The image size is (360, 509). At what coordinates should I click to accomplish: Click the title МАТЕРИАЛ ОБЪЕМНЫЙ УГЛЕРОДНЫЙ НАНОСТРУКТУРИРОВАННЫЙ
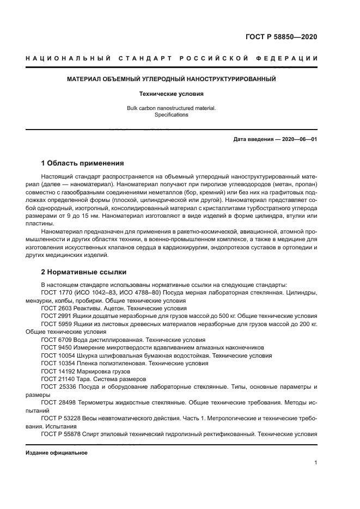click(171, 79)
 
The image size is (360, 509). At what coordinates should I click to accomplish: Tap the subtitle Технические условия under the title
click(171, 94)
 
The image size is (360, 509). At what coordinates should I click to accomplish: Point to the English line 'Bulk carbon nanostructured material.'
click(171, 108)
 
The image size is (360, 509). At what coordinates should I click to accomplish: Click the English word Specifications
click(171, 115)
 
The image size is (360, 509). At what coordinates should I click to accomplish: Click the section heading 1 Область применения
click(83, 163)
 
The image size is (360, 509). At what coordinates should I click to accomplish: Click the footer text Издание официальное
click(57, 453)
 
